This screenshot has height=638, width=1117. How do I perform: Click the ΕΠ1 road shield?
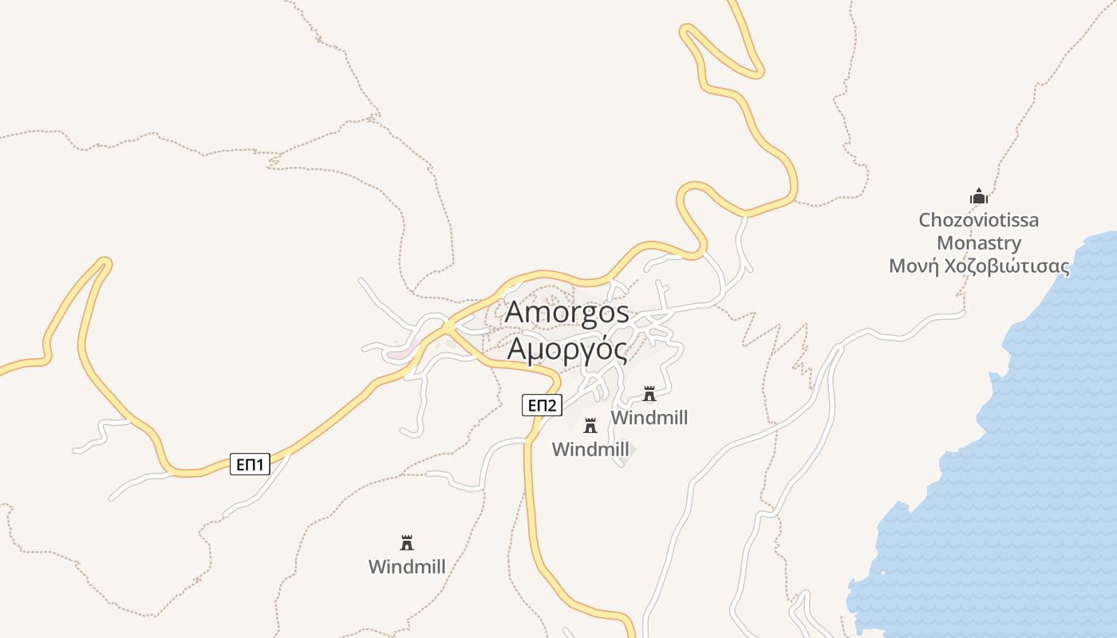[x=251, y=464]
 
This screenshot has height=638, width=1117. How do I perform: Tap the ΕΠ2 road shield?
[x=543, y=405]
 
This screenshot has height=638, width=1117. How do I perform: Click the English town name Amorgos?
[x=566, y=312]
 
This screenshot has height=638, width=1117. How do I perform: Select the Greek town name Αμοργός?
[x=566, y=349]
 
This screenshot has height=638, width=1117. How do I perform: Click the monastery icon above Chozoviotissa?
[x=979, y=196]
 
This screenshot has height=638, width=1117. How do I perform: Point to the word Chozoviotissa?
[x=978, y=219]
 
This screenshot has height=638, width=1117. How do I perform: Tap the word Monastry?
[x=978, y=242]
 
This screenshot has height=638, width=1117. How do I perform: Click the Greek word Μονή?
[x=914, y=266]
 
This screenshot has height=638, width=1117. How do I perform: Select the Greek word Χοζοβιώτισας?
[x=1006, y=266]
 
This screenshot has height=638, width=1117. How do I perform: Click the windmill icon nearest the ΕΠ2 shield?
[x=590, y=425]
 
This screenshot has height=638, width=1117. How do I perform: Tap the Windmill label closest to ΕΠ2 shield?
[x=590, y=449]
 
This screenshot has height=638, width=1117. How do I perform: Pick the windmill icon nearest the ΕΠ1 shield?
[x=407, y=543]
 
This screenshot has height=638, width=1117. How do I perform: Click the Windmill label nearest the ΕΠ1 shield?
[x=407, y=566]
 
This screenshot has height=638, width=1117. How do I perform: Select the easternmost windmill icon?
[x=649, y=394]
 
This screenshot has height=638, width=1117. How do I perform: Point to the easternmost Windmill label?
[x=649, y=417]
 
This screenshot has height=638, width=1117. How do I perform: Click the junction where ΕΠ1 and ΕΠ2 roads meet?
[x=449, y=328]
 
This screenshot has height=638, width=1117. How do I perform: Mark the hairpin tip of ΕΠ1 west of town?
[x=103, y=262]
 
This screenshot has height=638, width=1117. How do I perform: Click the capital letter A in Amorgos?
[x=516, y=312]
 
